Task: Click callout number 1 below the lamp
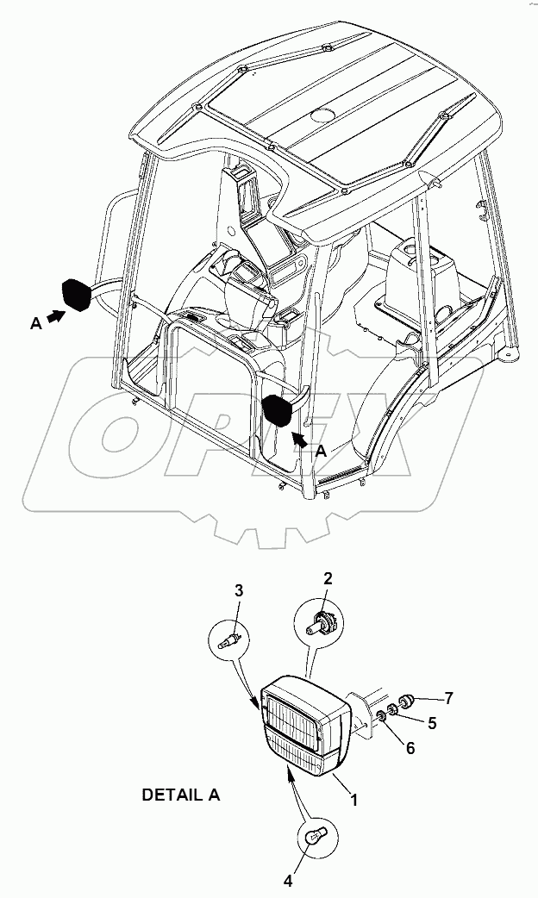353,800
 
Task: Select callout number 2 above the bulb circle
328,577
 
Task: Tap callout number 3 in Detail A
240,590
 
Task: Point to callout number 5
432,723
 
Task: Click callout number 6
410,748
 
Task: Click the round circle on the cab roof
326,115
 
